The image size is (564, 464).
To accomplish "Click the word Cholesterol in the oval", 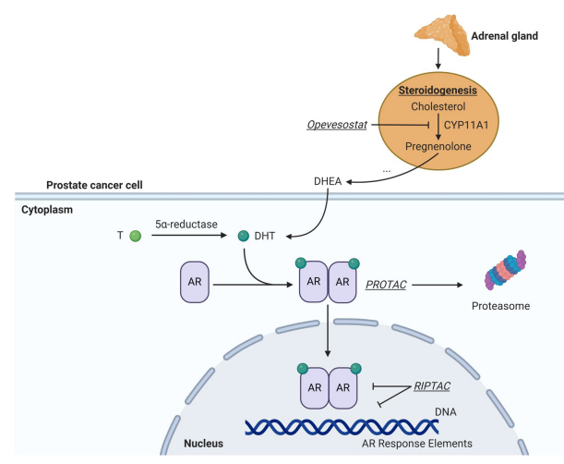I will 438,107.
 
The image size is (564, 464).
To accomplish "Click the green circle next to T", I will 137,237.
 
